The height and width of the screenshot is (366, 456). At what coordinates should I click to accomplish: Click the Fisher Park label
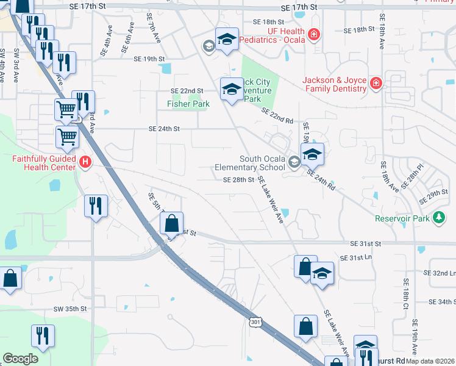(188, 104)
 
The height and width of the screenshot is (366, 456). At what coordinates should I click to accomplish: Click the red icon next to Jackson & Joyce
(376, 82)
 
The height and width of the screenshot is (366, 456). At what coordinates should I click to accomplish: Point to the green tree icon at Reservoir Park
(438, 218)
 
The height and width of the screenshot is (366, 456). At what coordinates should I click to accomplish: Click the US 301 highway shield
(254, 322)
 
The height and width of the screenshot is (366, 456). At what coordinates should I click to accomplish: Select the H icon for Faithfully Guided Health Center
(85, 162)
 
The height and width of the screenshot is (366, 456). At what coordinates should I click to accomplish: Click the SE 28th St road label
(238, 180)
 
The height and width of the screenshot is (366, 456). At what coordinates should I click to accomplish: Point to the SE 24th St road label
(165, 129)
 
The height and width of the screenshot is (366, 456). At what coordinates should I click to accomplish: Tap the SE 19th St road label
(149, 59)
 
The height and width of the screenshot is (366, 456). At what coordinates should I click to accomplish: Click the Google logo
(20, 359)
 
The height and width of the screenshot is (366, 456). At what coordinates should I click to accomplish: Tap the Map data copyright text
(430, 361)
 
